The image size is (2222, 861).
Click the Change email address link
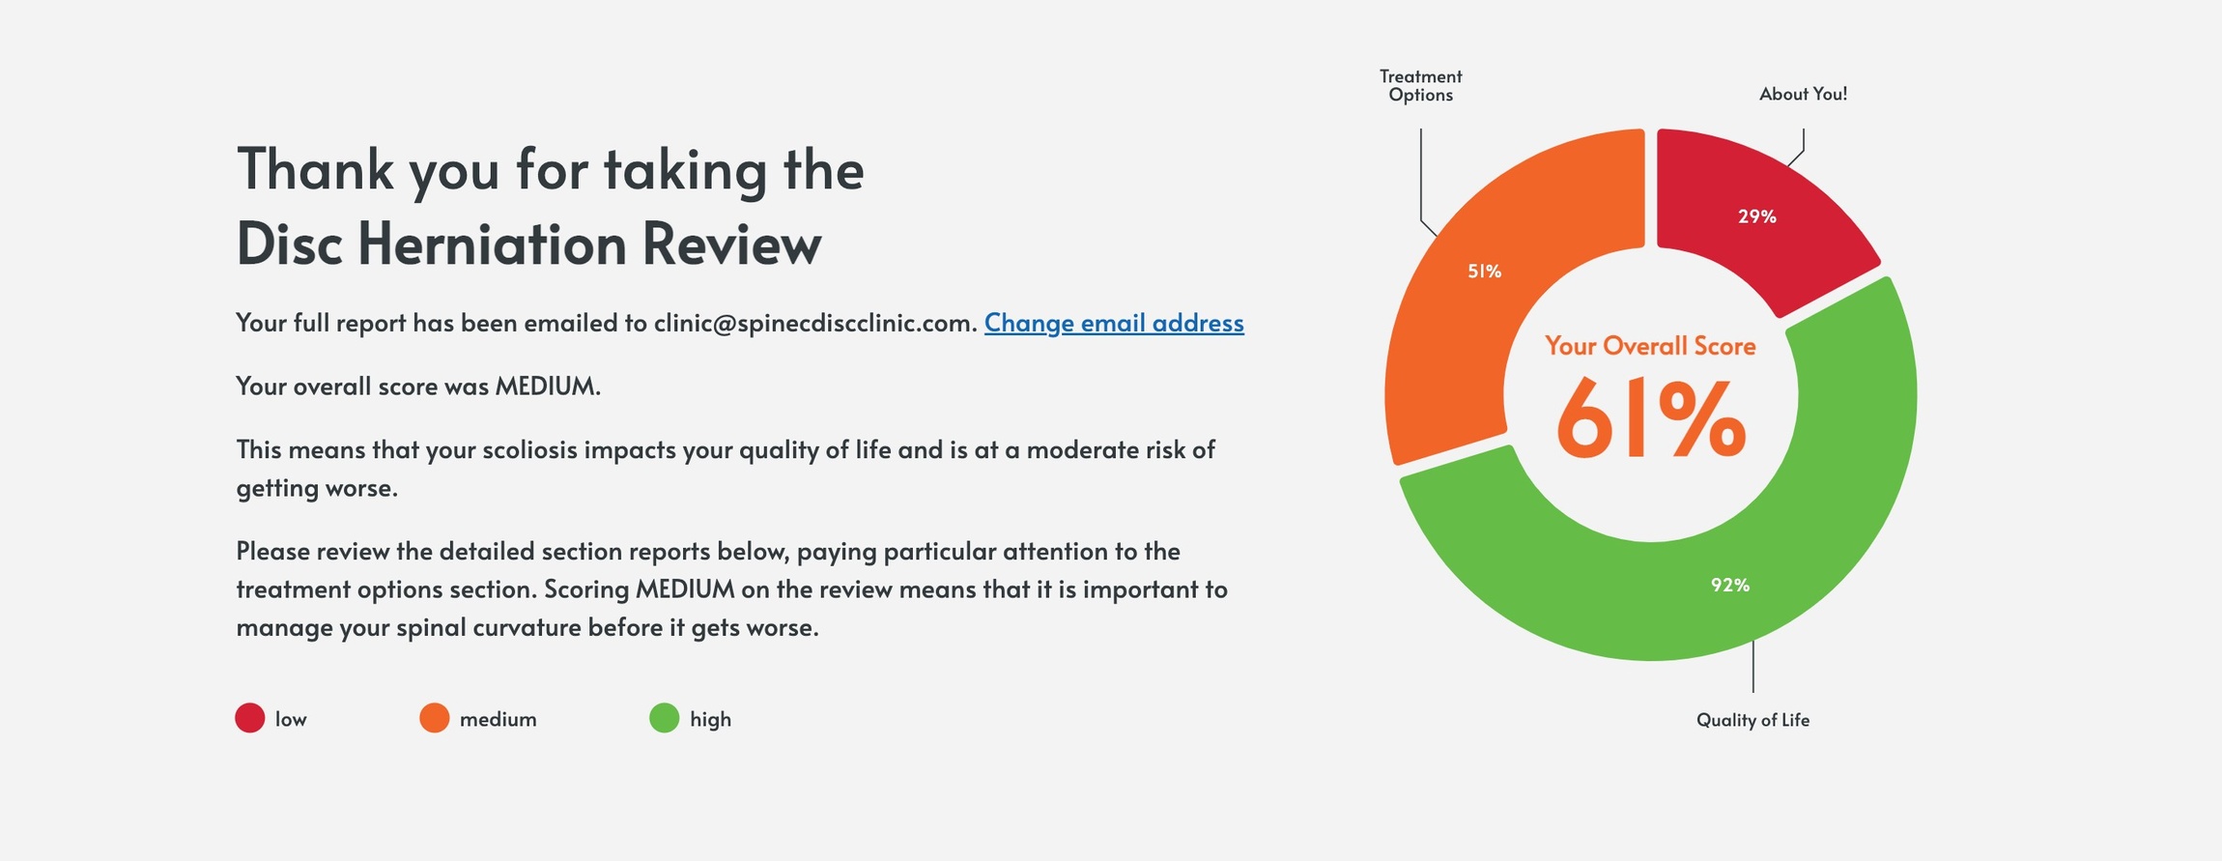click(1113, 323)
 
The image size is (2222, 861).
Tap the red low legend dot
click(250, 718)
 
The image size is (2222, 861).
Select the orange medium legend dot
click(435, 718)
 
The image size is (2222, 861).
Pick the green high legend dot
click(665, 718)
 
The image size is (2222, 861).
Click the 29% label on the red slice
click(1756, 216)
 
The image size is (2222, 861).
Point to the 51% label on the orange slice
click(1484, 272)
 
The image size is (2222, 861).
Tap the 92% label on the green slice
click(1729, 585)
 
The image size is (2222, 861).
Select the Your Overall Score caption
click(1650, 346)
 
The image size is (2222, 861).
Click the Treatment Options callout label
click(1420, 85)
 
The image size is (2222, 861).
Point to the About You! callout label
click(1803, 94)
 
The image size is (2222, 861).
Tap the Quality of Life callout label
click(1752, 720)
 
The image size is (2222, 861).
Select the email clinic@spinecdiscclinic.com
click(814, 323)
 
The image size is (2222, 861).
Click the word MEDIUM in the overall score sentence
click(546, 387)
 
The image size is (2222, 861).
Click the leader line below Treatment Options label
click(1421, 174)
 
